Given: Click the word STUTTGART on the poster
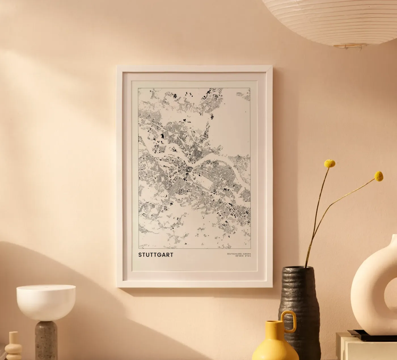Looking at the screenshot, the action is click(x=156, y=255).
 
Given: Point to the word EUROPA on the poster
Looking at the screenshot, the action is click(x=246, y=254).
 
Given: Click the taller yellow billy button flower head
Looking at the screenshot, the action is click(x=330, y=163).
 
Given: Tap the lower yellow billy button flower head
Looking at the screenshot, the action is click(x=379, y=176).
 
